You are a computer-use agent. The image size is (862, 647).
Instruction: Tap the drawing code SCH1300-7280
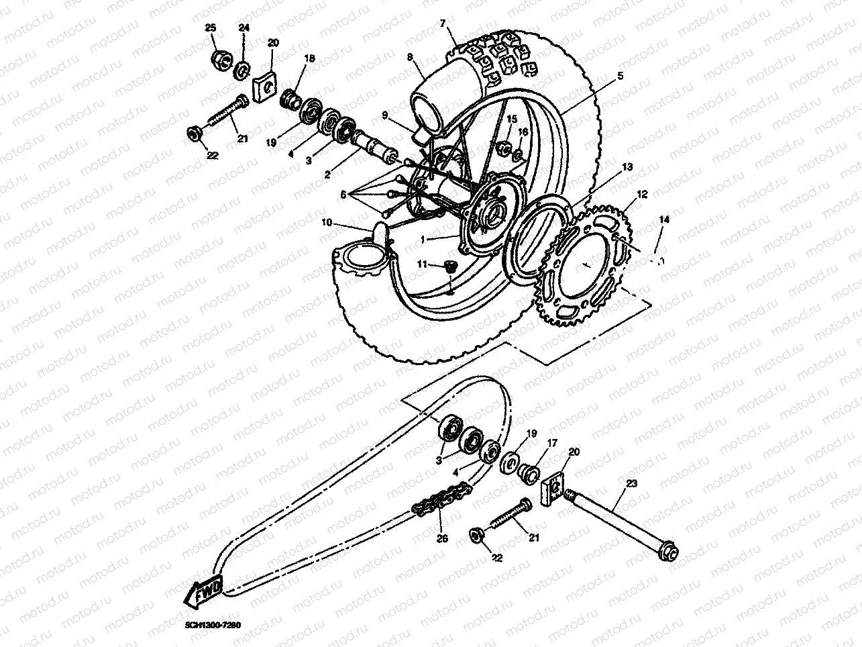(x=213, y=625)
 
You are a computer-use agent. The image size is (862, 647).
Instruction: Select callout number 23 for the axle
(x=631, y=483)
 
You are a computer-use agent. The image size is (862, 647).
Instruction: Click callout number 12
(x=642, y=195)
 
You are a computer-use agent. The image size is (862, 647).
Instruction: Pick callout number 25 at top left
(x=210, y=28)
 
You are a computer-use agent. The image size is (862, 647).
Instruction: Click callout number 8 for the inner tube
(x=409, y=58)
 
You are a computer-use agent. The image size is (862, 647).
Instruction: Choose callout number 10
(x=327, y=222)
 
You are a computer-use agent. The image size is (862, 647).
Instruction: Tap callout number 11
(x=421, y=264)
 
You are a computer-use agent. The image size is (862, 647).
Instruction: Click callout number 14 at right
(x=663, y=219)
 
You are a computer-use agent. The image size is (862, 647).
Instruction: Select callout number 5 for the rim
(x=620, y=77)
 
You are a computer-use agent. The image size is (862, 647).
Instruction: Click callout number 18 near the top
(x=309, y=59)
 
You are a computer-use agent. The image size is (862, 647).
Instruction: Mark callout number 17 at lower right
(x=552, y=442)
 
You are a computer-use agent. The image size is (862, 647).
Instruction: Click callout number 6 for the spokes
(x=343, y=194)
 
